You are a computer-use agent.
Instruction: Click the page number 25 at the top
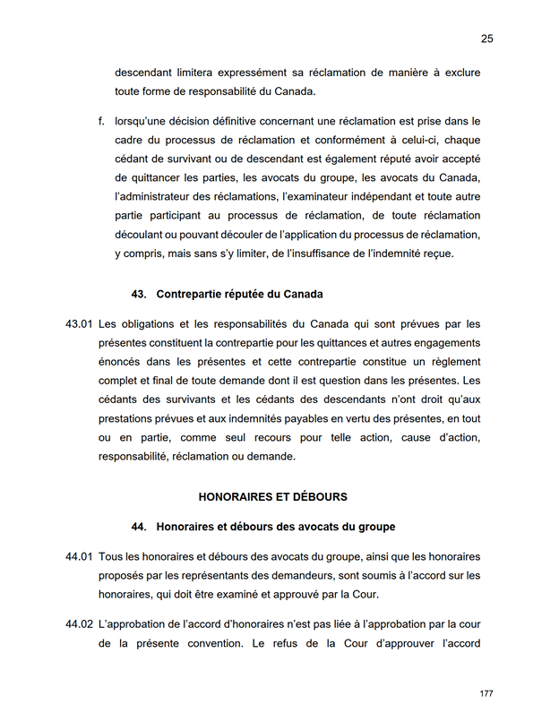click(486, 39)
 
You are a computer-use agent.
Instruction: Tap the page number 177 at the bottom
click(486, 694)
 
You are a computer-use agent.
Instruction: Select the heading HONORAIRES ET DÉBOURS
click(272, 496)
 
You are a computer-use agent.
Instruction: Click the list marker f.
click(102, 121)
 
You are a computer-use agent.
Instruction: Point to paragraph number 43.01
click(79, 323)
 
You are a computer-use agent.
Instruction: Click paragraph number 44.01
click(79, 556)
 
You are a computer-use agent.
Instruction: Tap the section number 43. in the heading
click(139, 294)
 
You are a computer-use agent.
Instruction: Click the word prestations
click(130, 419)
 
